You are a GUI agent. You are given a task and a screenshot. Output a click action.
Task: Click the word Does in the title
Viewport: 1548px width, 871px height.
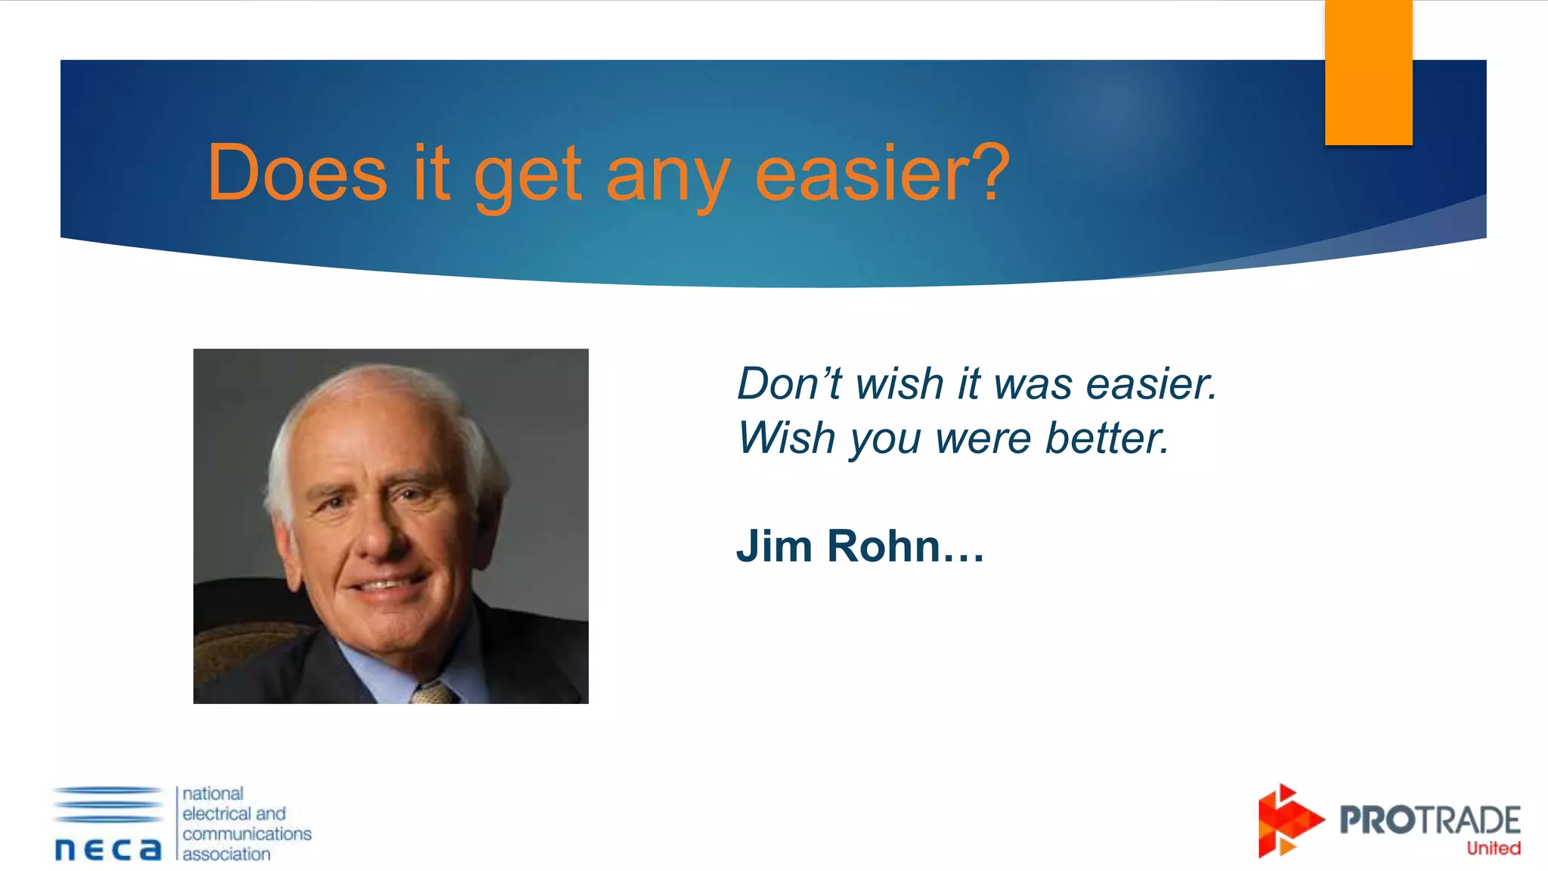297,173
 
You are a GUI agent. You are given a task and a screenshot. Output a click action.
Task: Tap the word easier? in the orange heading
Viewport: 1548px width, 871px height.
882,173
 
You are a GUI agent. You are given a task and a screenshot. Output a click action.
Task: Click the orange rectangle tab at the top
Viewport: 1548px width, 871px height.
1368,73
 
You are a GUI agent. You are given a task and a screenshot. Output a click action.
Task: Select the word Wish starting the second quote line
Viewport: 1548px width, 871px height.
787,438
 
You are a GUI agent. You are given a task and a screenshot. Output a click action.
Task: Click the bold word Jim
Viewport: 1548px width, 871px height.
774,546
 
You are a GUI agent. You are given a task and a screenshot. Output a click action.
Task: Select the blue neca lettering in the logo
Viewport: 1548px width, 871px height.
108,849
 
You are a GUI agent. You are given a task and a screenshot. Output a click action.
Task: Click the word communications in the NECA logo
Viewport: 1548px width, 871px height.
246,834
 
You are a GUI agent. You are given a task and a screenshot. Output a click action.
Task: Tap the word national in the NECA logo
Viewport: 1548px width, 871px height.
213,794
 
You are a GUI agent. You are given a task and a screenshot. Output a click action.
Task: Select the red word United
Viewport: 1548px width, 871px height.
1493,848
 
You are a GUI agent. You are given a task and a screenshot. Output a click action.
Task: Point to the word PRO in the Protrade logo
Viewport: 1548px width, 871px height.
1376,820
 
